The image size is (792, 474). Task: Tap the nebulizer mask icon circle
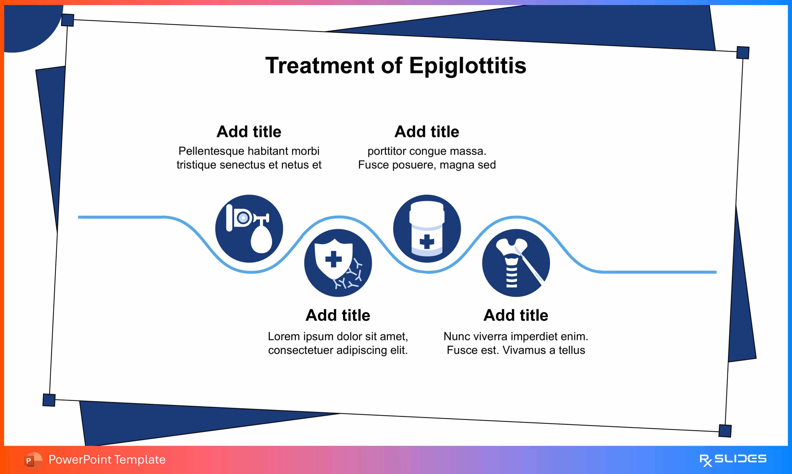click(x=249, y=229)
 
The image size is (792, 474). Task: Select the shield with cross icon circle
click(x=338, y=263)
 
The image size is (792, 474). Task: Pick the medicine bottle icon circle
click(x=427, y=229)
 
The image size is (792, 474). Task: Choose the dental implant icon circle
click(x=516, y=263)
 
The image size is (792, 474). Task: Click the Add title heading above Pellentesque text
click(x=249, y=132)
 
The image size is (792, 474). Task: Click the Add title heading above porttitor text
click(x=427, y=132)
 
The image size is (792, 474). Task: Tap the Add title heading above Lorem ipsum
click(x=338, y=315)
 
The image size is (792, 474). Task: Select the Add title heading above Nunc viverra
click(x=516, y=315)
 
